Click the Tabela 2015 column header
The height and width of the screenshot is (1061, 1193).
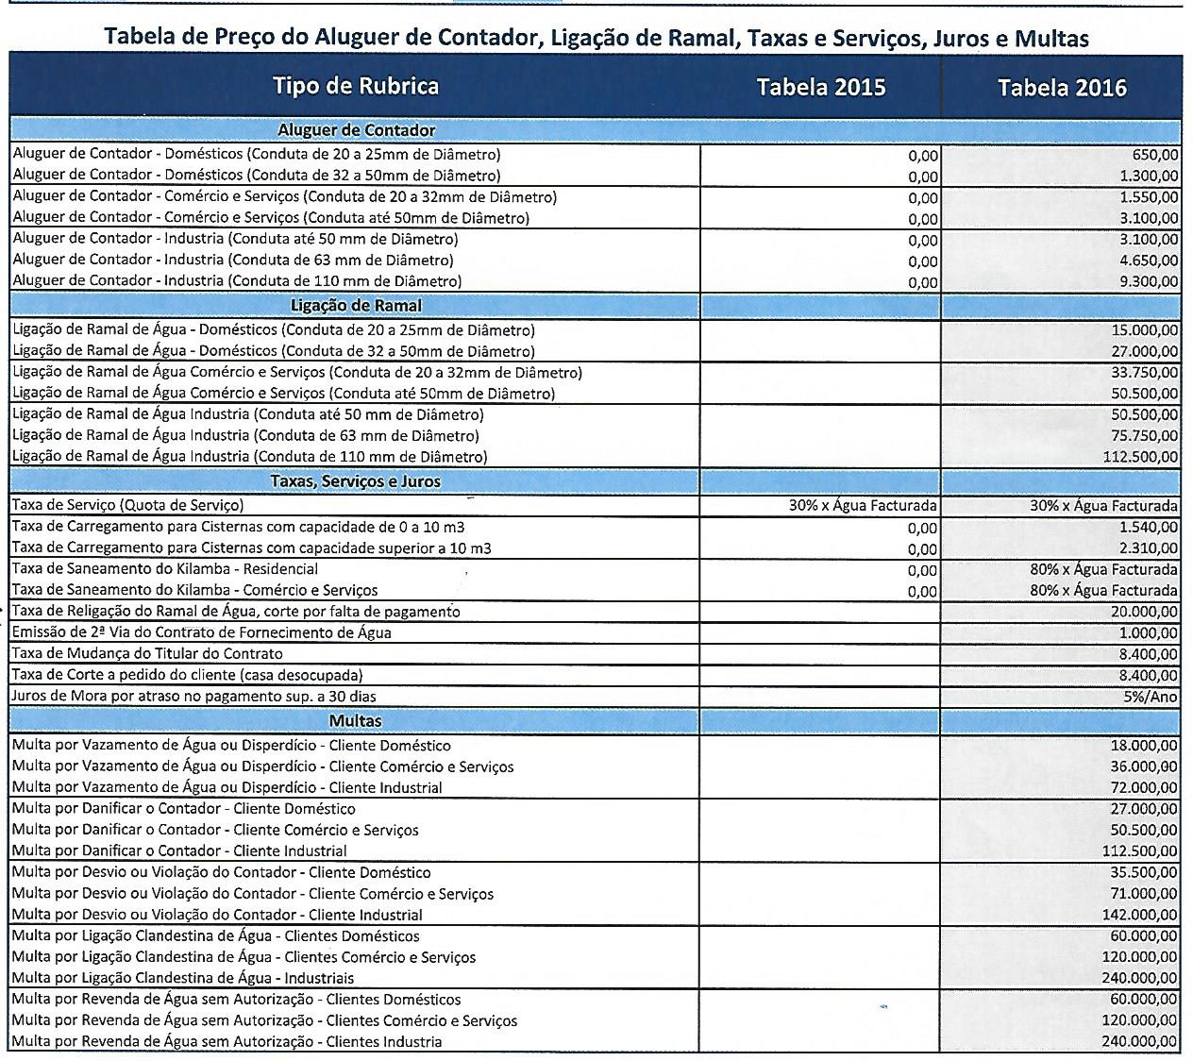pos(820,88)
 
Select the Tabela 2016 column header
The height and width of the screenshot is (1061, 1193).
pos(1062,88)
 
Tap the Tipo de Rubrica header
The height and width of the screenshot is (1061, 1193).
pos(356,86)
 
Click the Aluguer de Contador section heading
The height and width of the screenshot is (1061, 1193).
pos(356,130)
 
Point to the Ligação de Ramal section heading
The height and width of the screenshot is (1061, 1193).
pos(356,305)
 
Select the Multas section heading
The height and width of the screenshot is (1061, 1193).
pos(356,720)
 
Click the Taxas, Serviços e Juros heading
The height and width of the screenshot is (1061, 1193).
pos(356,480)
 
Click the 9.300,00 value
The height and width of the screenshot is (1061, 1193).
pos(1147,281)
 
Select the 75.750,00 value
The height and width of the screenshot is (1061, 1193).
pos(1144,436)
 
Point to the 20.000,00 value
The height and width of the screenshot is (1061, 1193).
pos(1144,613)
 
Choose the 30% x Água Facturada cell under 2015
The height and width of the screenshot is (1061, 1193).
pos(863,506)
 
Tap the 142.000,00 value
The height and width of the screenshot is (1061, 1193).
pos(1140,915)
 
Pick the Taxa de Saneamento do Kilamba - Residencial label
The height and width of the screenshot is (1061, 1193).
pos(165,569)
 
